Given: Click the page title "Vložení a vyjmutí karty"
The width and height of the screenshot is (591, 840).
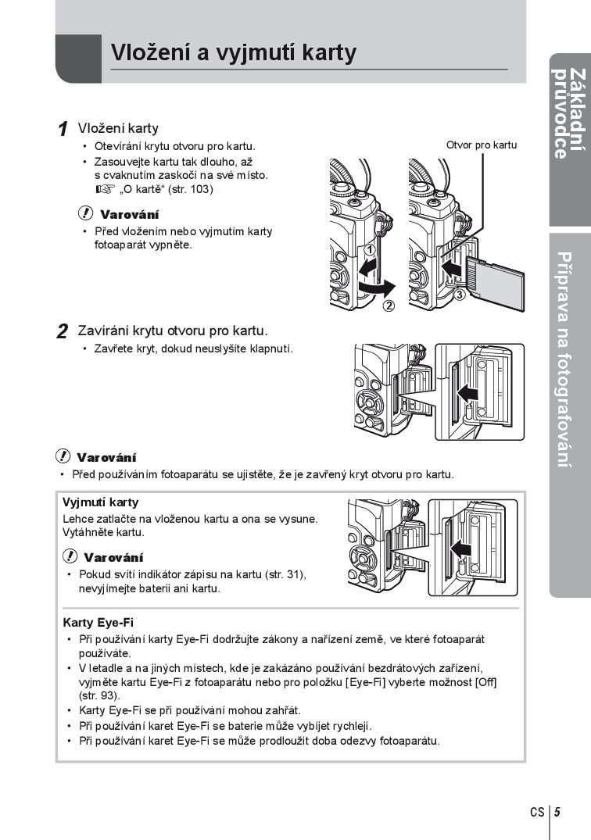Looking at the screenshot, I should (233, 52).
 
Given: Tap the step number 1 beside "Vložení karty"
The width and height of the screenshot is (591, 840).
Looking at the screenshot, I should (63, 130).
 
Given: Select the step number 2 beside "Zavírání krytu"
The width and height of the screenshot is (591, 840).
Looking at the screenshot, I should (63, 331).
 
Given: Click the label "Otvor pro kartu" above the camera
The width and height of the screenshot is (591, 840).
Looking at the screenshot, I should (481, 145).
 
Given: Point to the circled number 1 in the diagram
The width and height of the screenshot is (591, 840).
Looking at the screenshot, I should (371, 250).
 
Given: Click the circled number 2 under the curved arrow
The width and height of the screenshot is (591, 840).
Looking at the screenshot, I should (389, 306).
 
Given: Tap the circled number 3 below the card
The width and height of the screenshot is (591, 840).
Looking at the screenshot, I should (460, 295).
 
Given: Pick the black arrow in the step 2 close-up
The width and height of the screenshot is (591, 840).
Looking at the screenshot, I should (467, 391).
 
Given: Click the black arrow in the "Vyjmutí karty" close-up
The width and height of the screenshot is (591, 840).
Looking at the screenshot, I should (462, 549).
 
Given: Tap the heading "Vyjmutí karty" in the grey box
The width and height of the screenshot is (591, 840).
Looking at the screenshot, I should (100, 502).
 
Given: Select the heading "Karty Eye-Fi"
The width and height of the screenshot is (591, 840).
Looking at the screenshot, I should (98, 623).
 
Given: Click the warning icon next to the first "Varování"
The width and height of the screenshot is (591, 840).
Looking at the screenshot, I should (84, 213).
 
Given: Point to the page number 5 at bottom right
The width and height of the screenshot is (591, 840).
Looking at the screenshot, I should (557, 812).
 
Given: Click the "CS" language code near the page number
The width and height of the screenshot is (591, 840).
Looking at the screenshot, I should (537, 812).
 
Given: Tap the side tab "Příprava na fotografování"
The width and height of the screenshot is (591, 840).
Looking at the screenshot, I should (569, 359).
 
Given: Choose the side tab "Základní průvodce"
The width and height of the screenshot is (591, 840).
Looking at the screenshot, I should (569, 114).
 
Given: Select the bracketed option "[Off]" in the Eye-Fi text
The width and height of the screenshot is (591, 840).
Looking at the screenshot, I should (485, 682).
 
